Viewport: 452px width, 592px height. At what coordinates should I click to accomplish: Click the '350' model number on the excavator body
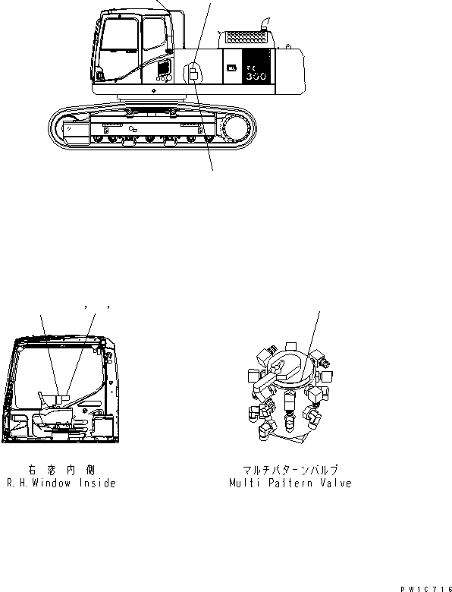[254, 77]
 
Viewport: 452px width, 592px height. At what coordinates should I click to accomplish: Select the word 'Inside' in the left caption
[99, 483]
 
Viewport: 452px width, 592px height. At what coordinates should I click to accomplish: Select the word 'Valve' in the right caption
[335, 483]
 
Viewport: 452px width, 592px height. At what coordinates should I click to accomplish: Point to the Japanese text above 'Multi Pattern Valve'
[291, 471]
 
